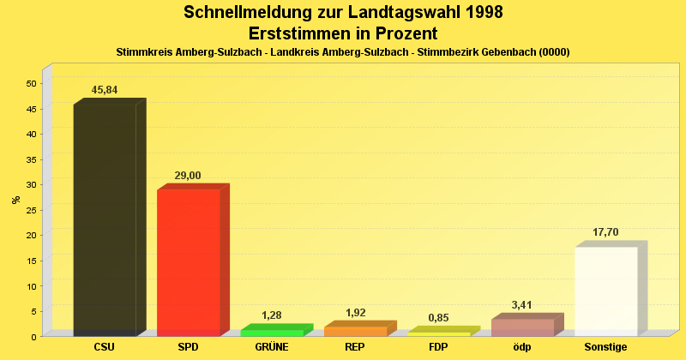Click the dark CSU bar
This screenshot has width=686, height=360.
[105, 219]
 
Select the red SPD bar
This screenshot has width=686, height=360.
[189, 261]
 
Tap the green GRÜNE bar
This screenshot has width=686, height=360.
[272, 332]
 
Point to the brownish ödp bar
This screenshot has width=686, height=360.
[522, 327]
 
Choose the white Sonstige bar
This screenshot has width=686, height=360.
[605, 291]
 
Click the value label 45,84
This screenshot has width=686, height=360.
[105, 90]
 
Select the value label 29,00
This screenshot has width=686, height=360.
[188, 176]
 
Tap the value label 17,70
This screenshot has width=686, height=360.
[605, 232]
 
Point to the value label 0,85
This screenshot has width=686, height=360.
[438, 318]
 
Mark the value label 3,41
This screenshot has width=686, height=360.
[522, 305]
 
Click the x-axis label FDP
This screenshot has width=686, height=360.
[438, 347]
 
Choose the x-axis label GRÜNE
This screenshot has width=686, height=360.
[272, 347]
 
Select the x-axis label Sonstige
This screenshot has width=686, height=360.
[605, 347]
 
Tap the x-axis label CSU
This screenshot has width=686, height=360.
[105, 347]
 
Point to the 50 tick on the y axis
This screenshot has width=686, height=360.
[31, 83]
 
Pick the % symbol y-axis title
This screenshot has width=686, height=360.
[15, 199]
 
